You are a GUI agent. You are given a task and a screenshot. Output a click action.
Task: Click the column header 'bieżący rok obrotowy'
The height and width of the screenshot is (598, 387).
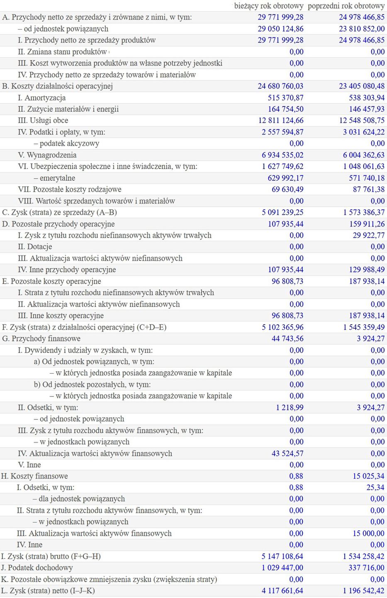269,6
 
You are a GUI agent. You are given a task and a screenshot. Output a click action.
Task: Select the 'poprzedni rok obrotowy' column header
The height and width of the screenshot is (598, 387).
346,6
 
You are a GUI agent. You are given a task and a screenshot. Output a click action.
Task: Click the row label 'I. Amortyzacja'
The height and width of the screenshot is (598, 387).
41,98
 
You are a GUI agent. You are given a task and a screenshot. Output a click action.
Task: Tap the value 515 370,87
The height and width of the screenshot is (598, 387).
285,98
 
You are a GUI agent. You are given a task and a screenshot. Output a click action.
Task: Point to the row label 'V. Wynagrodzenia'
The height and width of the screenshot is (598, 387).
47,155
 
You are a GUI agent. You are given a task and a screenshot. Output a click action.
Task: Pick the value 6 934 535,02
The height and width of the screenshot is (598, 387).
282,155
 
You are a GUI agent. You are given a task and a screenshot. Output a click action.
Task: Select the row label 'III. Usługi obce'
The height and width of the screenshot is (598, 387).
43,120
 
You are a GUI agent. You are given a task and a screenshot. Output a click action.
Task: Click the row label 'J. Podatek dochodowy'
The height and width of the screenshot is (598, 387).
37,568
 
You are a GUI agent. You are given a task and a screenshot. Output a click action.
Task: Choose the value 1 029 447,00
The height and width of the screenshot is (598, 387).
282,568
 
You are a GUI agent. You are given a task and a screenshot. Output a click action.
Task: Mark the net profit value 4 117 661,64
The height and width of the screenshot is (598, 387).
282,591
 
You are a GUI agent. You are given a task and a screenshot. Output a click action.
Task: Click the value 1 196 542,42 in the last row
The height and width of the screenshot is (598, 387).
364,591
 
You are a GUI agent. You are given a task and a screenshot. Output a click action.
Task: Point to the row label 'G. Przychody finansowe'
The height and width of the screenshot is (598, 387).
41,338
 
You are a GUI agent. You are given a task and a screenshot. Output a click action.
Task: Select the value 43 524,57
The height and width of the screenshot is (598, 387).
287,453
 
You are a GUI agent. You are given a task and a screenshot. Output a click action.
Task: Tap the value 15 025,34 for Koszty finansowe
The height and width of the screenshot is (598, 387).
368,476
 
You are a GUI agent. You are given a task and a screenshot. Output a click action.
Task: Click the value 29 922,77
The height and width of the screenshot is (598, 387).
368,235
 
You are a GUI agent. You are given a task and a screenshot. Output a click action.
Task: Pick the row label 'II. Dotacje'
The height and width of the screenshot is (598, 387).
35,247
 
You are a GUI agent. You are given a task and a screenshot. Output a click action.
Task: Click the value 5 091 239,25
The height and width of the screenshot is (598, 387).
282,212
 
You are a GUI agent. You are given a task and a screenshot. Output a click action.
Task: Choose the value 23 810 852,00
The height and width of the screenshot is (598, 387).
362,29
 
